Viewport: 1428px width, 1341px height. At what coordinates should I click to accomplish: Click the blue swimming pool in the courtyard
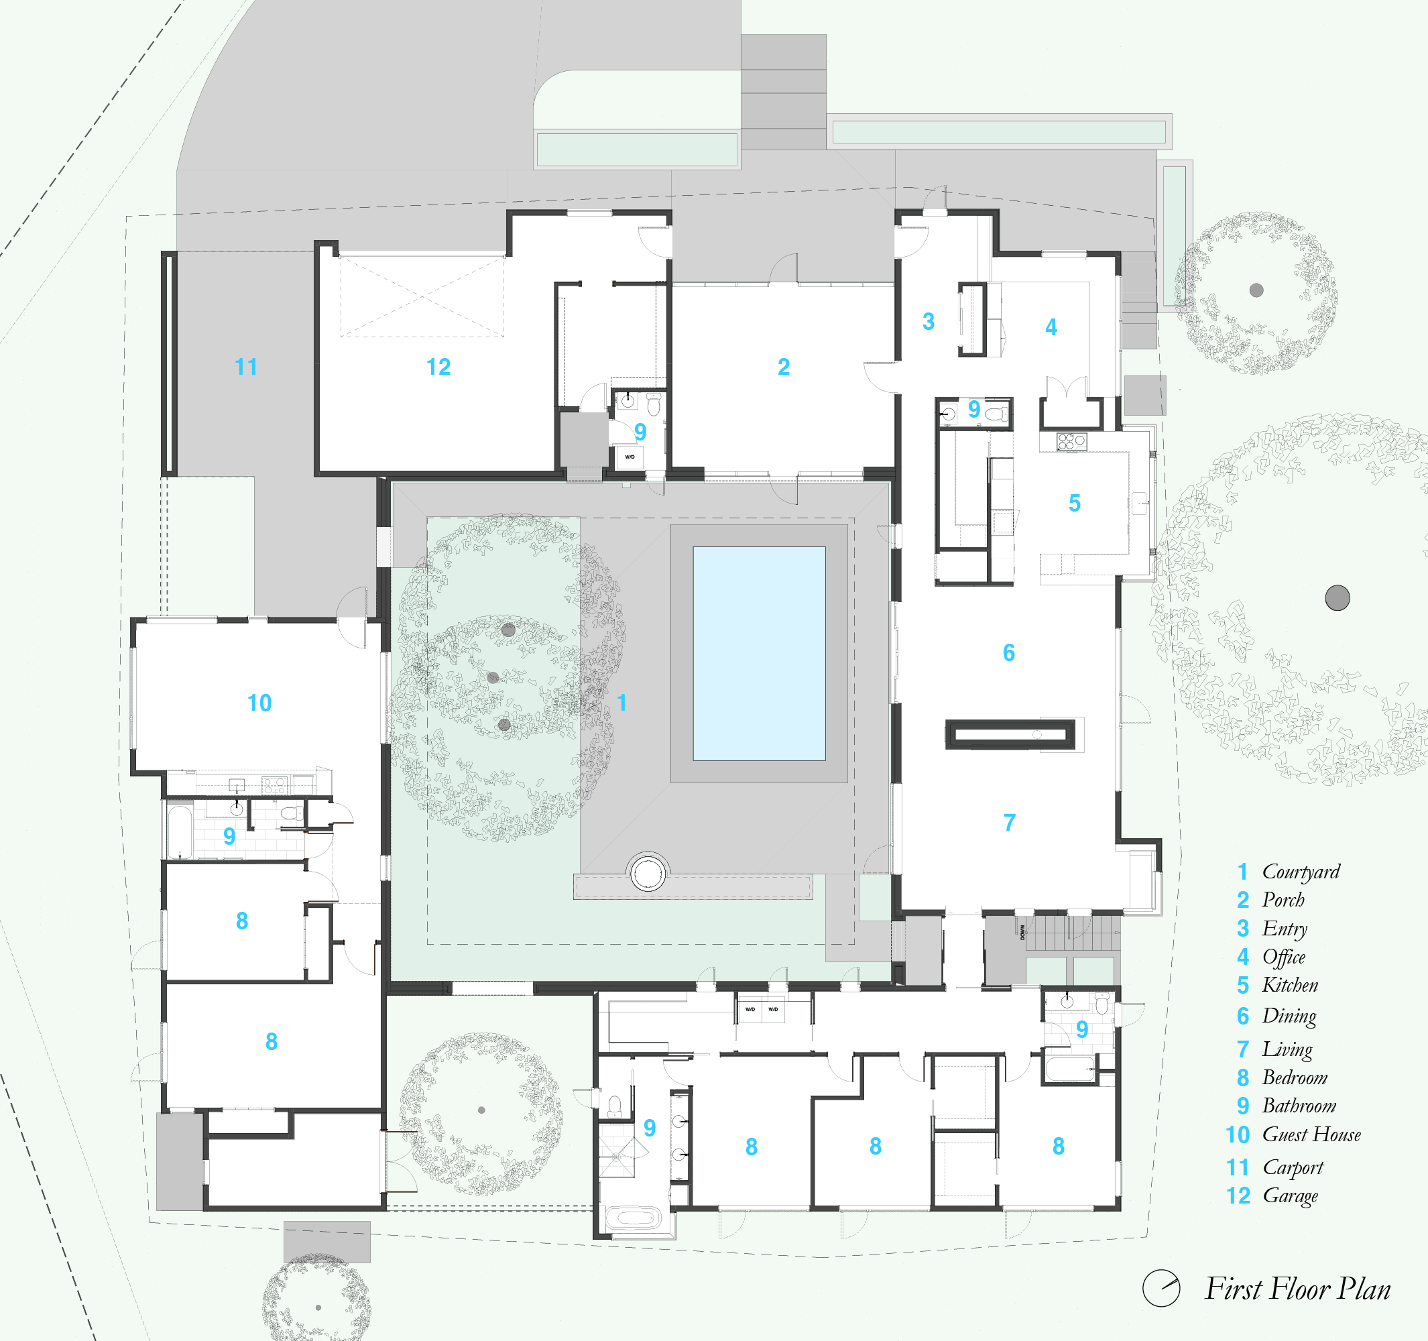(x=758, y=654)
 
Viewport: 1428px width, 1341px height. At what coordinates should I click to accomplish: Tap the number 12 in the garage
(x=438, y=367)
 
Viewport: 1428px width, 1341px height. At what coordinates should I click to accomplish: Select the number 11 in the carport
(x=247, y=367)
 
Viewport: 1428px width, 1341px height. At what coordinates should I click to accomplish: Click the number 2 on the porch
(x=784, y=367)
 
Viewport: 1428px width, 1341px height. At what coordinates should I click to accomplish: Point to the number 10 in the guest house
(x=259, y=703)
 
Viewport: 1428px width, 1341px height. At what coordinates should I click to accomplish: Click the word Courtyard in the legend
(x=1301, y=871)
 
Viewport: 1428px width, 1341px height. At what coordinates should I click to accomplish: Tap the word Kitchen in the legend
(x=1290, y=985)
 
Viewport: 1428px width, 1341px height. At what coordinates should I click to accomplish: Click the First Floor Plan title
(x=1297, y=1289)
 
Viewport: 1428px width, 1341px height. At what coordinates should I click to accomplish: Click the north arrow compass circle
(x=1161, y=1289)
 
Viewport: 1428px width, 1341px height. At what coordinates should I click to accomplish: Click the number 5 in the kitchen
(x=1074, y=503)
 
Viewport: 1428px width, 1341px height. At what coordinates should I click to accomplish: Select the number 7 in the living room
(x=1009, y=823)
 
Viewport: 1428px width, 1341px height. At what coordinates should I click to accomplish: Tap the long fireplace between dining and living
(x=1009, y=734)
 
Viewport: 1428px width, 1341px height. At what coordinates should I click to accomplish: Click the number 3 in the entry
(x=928, y=321)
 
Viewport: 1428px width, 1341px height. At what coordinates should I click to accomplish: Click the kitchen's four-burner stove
(x=1071, y=442)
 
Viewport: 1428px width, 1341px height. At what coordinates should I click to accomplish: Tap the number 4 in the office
(x=1051, y=327)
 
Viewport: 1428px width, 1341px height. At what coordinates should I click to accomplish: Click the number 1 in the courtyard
(x=622, y=703)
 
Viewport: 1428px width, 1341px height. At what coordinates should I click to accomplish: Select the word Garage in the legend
(x=1290, y=1196)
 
